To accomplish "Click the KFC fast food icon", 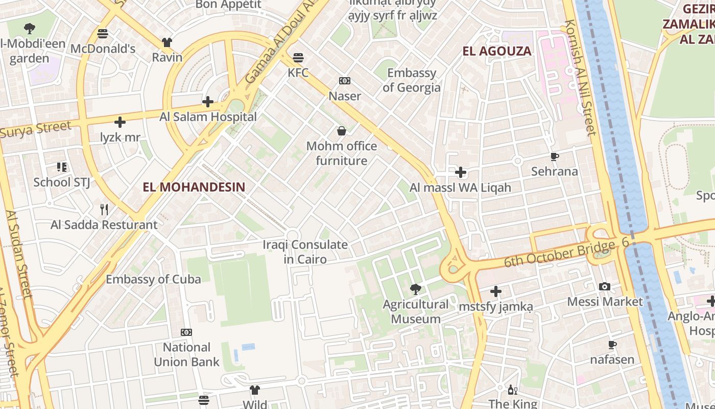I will click(x=298, y=57).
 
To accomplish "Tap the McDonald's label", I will click(x=103, y=49).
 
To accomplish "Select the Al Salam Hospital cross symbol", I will click(x=207, y=102).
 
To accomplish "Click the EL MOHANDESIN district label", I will click(x=194, y=187).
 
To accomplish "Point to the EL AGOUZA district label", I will click(x=497, y=51).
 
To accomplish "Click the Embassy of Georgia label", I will click(x=412, y=80).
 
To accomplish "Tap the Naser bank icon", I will click(x=345, y=81).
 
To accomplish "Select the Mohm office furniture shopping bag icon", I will click(x=342, y=131).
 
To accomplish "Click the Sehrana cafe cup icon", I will click(x=555, y=157).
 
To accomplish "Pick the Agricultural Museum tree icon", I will click(x=416, y=290).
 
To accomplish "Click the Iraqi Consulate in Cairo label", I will click(x=305, y=252).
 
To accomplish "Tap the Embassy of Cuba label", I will click(x=153, y=279).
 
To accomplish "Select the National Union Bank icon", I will click(x=186, y=333).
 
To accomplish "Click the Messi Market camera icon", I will click(x=605, y=287).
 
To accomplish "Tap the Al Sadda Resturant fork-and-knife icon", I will click(x=104, y=210).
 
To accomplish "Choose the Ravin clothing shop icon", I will click(x=167, y=42).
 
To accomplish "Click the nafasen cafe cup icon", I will click(x=612, y=345).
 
